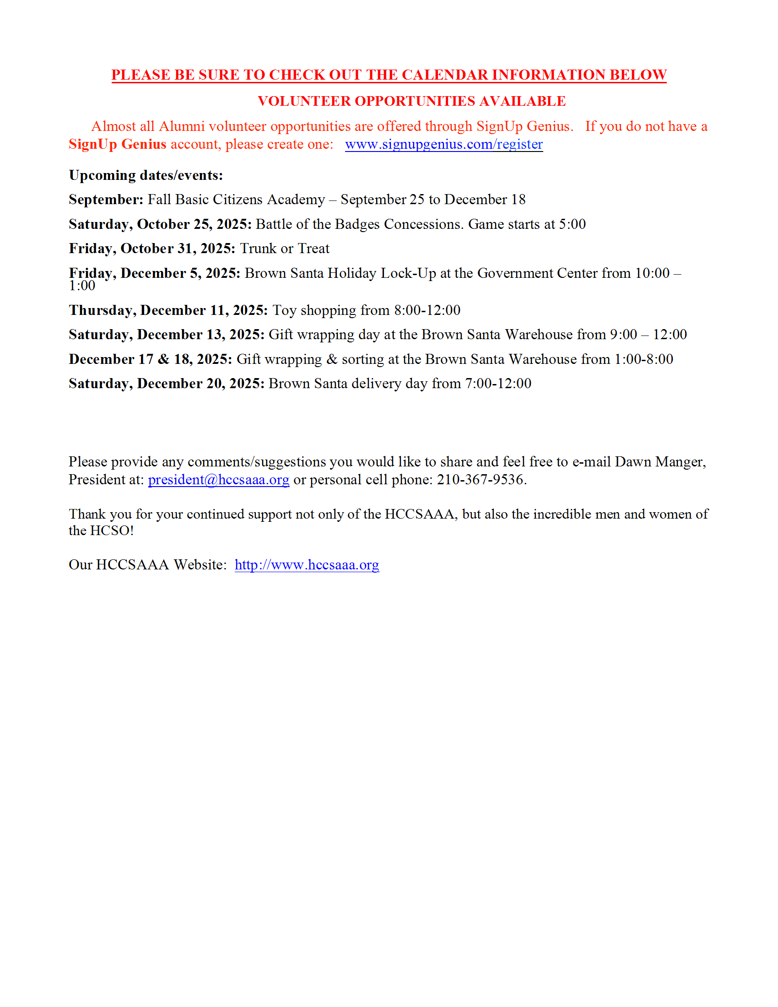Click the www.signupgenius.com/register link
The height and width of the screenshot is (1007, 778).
point(443,144)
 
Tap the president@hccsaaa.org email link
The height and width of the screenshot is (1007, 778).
point(218,480)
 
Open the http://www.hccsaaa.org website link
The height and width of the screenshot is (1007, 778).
point(307,565)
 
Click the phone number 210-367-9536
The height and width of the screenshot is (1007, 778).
point(481,480)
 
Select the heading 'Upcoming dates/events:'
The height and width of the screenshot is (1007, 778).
point(146,175)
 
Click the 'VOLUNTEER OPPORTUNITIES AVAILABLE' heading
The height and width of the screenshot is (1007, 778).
point(411,101)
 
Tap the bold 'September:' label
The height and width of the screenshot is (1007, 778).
point(106,200)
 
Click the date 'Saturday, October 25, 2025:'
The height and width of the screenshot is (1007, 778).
point(160,224)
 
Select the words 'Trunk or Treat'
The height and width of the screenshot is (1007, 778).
point(284,249)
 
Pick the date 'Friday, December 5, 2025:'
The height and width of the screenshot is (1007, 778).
point(154,273)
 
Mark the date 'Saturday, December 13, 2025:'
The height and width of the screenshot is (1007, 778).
point(167,334)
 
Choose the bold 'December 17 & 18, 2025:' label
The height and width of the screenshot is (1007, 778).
point(150,359)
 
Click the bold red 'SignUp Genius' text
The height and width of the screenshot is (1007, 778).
point(118,144)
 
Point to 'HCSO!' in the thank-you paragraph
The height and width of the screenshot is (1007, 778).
point(112,531)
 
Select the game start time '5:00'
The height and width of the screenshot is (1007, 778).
point(572,224)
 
